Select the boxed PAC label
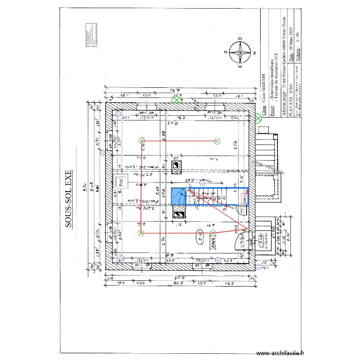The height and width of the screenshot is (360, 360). (x=121, y=182)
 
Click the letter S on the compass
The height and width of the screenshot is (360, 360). (x=225, y=53)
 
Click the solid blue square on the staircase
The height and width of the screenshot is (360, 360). (x=179, y=196)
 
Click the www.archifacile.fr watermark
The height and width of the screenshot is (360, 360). (x=280, y=353)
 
